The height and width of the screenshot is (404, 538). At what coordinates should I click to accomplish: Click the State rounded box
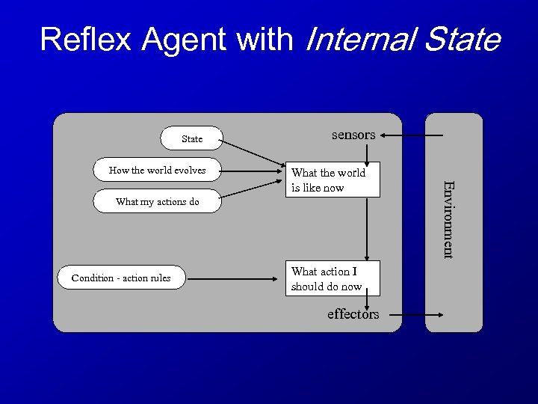[x=192, y=138]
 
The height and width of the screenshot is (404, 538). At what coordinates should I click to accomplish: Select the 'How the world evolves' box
[x=158, y=170]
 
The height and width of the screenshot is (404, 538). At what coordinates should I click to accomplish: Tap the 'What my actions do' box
[x=158, y=201]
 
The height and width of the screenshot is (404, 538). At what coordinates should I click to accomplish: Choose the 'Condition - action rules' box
[x=121, y=278]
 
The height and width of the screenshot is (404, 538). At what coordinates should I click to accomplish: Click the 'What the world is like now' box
[x=335, y=180]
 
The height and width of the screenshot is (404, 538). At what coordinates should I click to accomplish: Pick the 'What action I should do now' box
[x=335, y=278]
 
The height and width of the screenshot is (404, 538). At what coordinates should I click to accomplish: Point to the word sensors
[x=353, y=135]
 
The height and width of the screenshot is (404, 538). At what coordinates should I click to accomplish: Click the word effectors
[x=353, y=314]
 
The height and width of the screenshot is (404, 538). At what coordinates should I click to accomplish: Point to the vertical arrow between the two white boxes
[x=367, y=228]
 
